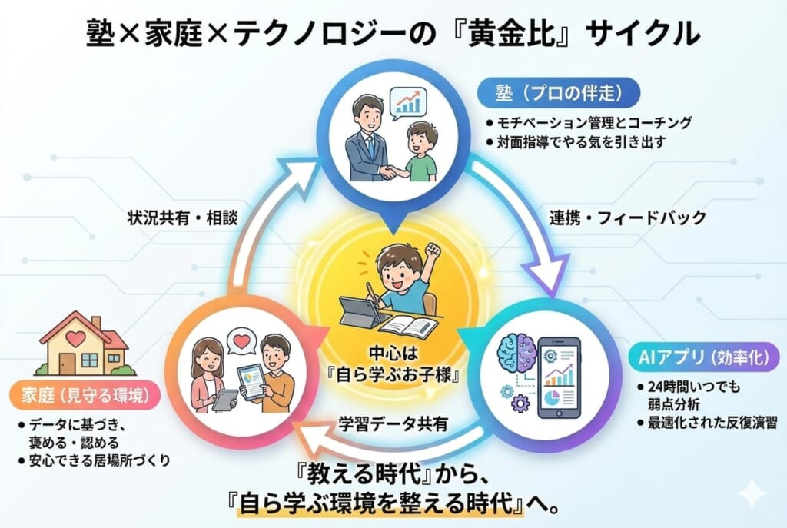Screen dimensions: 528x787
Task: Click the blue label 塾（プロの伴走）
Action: [558, 95]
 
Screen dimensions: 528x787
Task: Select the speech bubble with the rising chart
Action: [408, 104]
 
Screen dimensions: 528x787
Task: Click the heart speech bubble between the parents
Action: [244, 341]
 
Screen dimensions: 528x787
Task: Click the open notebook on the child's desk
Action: [408, 327]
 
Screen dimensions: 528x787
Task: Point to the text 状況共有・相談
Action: [181, 218]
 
